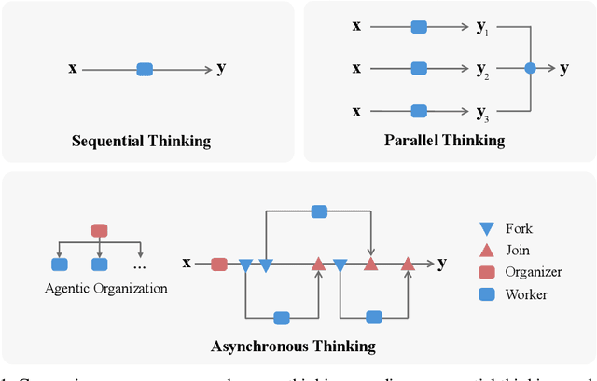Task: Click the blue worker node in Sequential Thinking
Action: pyautogui.click(x=145, y=68)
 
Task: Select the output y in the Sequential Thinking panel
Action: pyautogui.click(x=221, y=68)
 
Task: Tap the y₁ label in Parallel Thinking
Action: pyautogui.click(x=482, y=27)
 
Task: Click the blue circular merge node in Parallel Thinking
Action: pyautogui.click(x=530, y=68)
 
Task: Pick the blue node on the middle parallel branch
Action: pyautogui.click(x=419, y=68)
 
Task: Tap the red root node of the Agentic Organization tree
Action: pyautogui.click(x=99, y=230)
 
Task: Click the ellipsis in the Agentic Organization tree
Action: pyautogui.click(x=140, y=264)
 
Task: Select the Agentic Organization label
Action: pyautogui.click(x=106, y=289)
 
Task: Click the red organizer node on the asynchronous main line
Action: pyautogui.click(x=219, y=265)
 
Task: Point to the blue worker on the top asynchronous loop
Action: pyautogui.click(x=319, y=211)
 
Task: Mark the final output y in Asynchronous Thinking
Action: pyautogui.click(x=441, y=264)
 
